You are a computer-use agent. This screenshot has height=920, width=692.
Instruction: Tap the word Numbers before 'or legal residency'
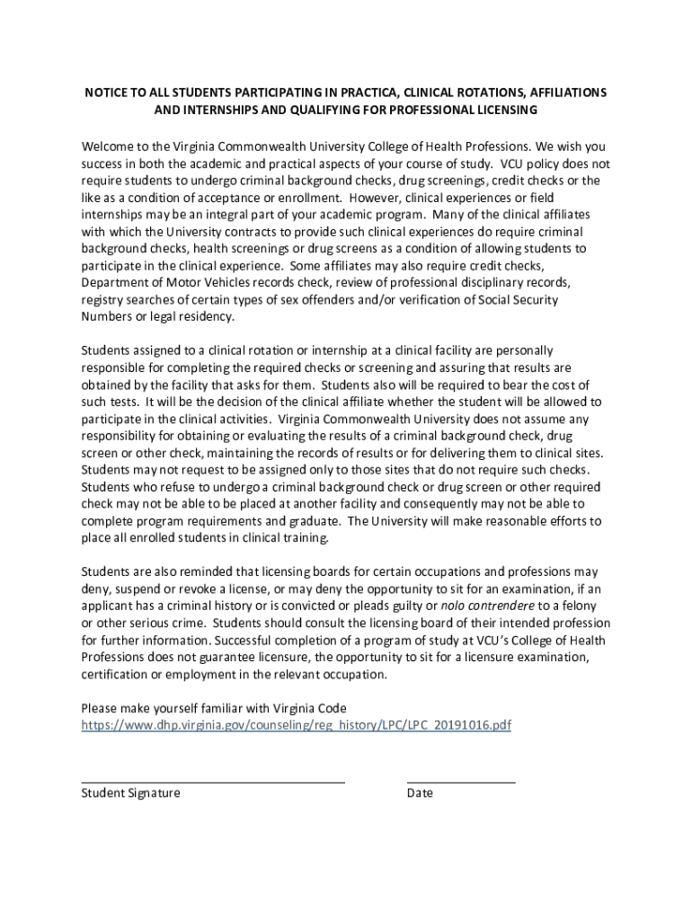point(107,316)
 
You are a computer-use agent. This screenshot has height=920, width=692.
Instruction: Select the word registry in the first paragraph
point(103,299)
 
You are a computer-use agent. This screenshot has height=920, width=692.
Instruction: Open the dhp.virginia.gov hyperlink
point(296,724)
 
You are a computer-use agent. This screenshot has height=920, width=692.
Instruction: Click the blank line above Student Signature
point(213,782)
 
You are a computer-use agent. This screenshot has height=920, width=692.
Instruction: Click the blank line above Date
point(460,782)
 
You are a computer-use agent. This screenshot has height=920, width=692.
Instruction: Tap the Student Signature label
point(130,793)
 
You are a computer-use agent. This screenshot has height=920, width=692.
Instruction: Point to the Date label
point(420,793)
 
